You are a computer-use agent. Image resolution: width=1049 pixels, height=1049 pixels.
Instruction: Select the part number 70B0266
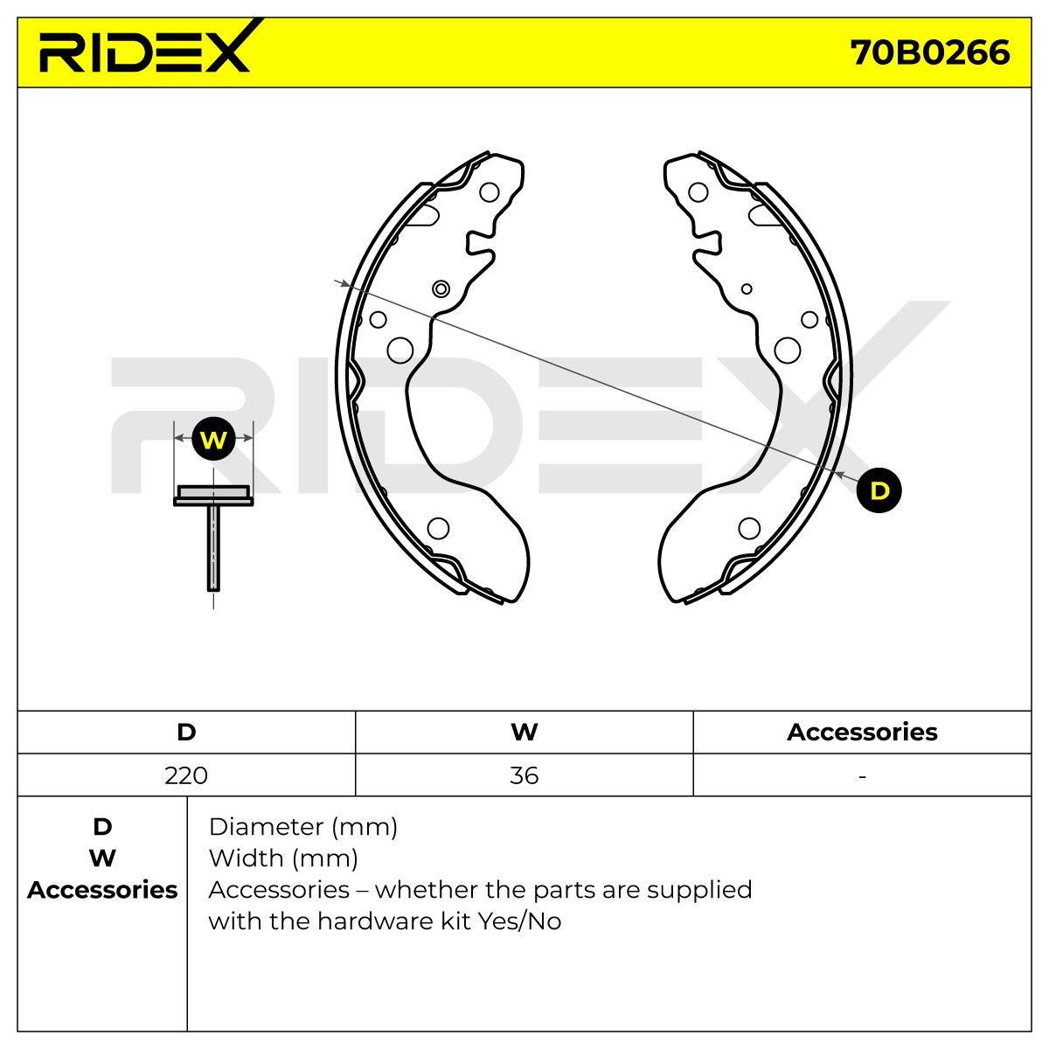pos(930,52)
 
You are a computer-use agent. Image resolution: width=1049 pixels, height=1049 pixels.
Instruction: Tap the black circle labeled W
pos(213,439)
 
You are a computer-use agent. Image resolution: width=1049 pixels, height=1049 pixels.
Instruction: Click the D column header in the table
pos(186,733)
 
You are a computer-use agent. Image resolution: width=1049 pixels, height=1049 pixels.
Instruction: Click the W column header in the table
pos(524,733)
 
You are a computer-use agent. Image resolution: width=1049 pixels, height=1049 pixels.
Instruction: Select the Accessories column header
pos(862,733)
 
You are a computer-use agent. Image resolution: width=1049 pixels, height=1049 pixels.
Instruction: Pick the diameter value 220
pos(186,775)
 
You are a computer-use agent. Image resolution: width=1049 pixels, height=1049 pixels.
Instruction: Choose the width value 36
pos(524,775)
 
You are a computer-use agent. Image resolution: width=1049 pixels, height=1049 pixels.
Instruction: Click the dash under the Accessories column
pos(862,777)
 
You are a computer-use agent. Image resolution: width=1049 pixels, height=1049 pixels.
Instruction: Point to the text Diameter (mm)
pos(303,827)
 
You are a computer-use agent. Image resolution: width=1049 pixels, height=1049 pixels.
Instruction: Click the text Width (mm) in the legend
pos(283,858)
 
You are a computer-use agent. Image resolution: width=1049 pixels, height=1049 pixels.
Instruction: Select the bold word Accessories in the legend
pos(102,890)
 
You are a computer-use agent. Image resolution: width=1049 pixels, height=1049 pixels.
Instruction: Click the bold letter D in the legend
pos(102,827)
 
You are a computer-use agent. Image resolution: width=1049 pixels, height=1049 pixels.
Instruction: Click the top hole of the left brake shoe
pos(489,192)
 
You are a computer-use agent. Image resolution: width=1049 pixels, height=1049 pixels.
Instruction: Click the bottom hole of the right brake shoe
pos(749,528)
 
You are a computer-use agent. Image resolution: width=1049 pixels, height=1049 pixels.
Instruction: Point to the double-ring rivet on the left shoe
pos(441,288)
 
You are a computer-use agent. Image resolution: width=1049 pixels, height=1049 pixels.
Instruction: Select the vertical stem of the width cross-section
pos(213,547)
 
